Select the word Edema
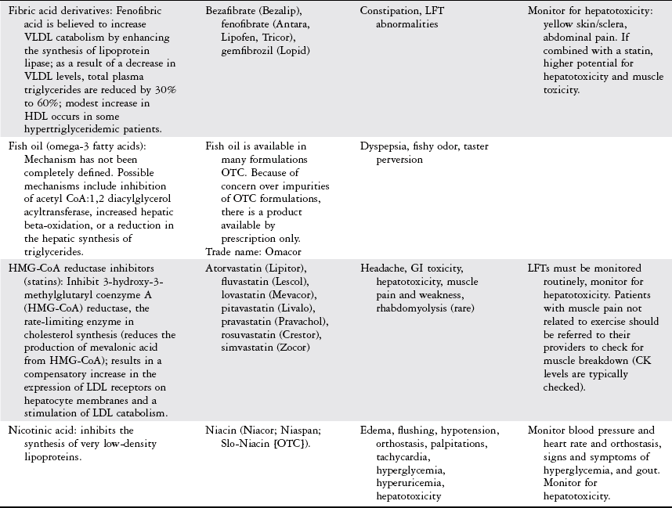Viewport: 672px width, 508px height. tap(375, 431)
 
